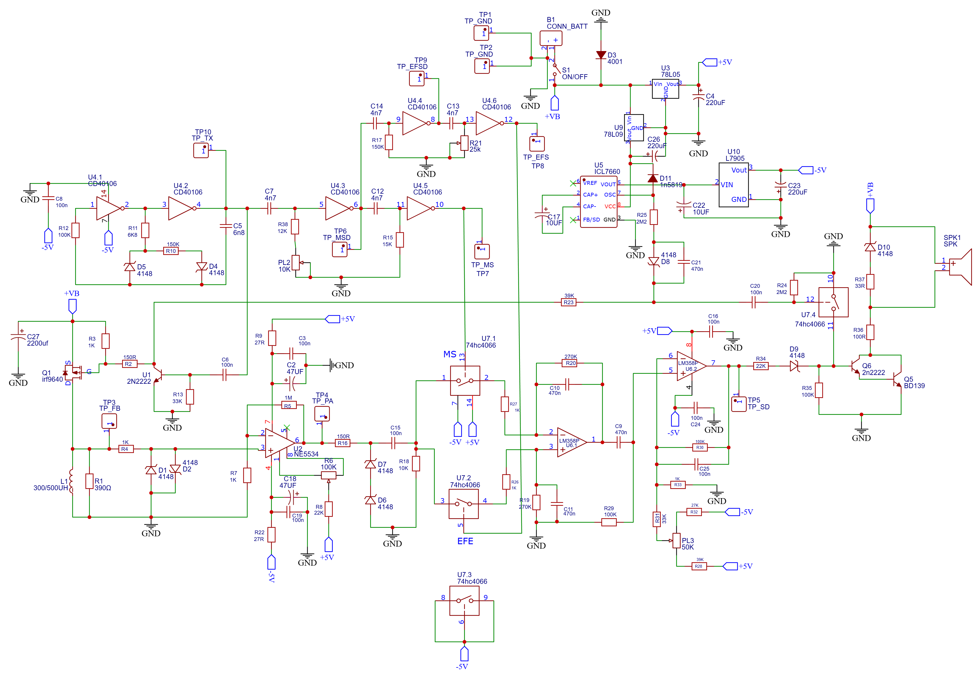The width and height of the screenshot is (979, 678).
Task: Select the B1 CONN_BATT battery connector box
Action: tap(551, 38)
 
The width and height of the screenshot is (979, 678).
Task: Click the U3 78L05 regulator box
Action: tap(665, 88)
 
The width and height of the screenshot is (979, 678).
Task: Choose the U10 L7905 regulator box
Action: tap(733, 185)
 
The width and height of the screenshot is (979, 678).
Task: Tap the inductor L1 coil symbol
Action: tap(71, 482)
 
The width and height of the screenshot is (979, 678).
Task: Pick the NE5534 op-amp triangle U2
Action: tap(279, 443)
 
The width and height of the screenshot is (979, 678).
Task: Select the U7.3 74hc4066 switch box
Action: tap(464, 601)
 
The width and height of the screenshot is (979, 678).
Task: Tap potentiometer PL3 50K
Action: tap(676, 541)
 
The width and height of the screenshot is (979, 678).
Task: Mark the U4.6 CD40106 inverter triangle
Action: tap(488, 123)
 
